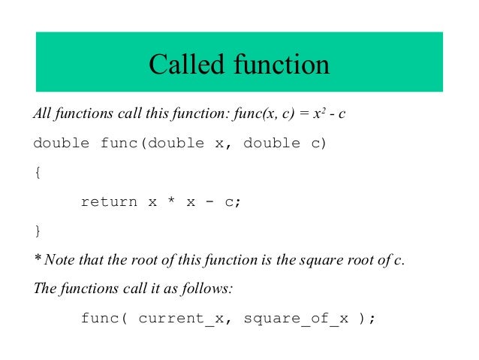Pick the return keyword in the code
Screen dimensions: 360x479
[109, 201]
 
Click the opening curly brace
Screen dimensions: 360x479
[38, 172]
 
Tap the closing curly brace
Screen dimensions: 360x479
[38, 230]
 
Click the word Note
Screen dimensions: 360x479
[59, 260]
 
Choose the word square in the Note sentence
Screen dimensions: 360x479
[320, 261]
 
